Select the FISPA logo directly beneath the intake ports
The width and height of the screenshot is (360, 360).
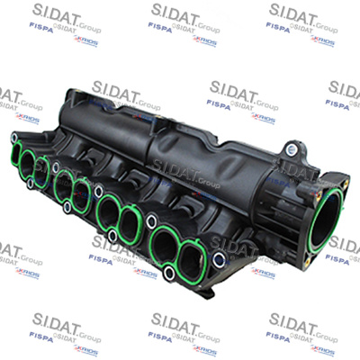(x=100, y=259)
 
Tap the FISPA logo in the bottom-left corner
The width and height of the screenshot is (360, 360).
(x=41, y=337)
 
